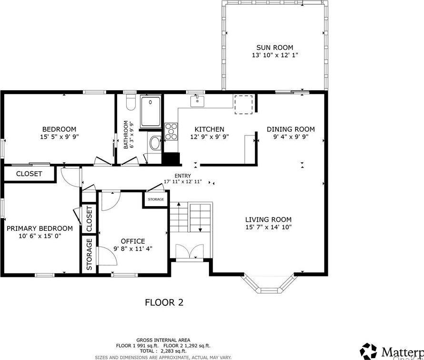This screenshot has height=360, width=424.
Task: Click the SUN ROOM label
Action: coord(275,47)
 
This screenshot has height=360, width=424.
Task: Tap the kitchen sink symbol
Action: coord(197,101)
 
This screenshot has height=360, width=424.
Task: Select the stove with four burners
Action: coord(171,131)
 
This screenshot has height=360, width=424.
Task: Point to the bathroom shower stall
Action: coord(151,112)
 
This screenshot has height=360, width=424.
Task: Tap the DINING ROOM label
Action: coord(290,129)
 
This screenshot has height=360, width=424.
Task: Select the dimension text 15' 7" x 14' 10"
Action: coord(268,227)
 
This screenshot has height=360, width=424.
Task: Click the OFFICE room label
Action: coord(133,241)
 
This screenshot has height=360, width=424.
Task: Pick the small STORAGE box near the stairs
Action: coord(156,199)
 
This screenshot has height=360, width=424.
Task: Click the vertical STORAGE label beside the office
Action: coord(89,254)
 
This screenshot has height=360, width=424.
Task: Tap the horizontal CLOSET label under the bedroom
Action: coord(29,174)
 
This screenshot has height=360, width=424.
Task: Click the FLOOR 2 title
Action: coord(164,302)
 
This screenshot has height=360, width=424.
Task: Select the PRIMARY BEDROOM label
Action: coord(39,228)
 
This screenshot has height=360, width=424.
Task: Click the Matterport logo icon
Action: coord(368,351)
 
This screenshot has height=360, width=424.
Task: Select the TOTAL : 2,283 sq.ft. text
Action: coord(163,351)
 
